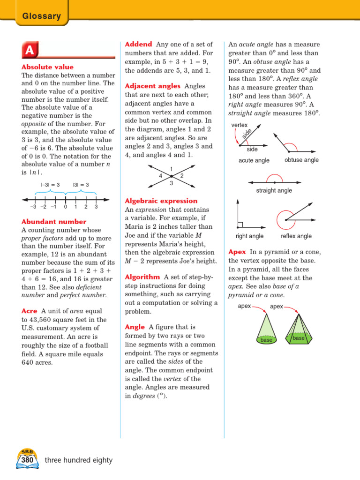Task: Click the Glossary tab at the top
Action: (x=42, y=16)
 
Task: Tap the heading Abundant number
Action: (x=54, y=222)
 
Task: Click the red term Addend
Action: (x=138, y=44)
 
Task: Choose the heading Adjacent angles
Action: (x=152, y=86)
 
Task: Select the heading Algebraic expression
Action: (x=160, y=201)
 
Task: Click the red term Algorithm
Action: (x=142, y=277)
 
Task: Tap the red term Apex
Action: (x=237, y=252)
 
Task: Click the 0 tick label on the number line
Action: (x=66, y=206)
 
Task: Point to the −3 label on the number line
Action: (x=33, y=206)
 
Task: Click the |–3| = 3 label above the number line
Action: (x=50, y=185)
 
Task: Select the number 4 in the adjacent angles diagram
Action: (x=160, y=176)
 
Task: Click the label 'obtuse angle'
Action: (x=301, y=160)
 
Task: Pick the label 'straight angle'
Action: (x=274, y=190)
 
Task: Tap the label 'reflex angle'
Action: (x=296, y=236)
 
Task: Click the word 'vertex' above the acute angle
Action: (x=239, y=125)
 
